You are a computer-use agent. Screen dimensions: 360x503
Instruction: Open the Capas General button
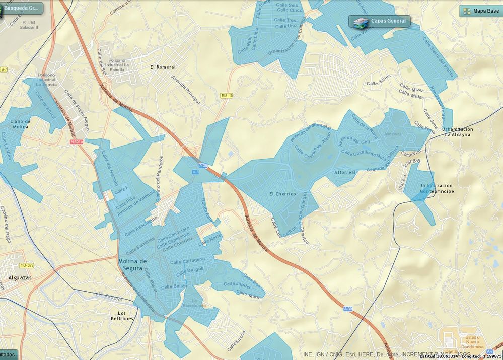click(380, 21)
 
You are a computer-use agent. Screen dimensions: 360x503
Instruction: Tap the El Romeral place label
click(163, 67)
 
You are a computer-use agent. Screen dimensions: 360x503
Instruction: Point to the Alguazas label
click(21, 277)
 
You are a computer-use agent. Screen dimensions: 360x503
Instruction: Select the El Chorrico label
click(282, 194)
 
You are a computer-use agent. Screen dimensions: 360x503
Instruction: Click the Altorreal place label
click(345, 172)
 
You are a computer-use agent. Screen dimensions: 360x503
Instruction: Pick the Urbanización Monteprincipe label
click(437, 189)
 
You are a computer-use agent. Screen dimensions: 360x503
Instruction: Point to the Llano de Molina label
click(20, 124)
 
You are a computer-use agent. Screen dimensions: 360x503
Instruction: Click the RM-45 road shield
click(227, 96)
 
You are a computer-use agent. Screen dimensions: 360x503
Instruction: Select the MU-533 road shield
click(26, 265)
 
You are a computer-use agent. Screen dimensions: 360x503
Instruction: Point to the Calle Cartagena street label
click(188, 260)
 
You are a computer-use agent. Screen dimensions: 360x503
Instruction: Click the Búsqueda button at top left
click(22, 8)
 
